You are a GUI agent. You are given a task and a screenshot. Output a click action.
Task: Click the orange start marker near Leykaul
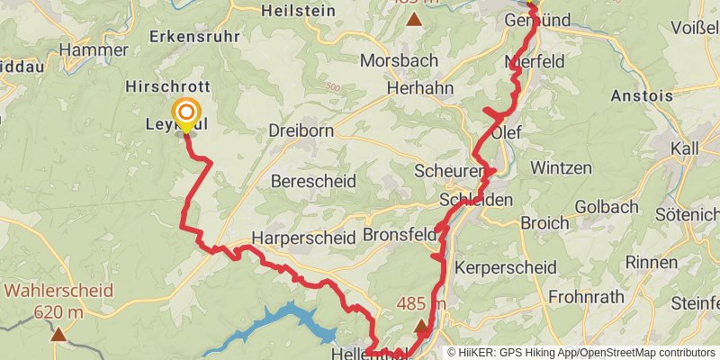186,113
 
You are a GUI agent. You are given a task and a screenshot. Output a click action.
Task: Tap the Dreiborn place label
301,130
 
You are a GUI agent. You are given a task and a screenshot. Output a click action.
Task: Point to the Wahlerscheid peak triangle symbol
58,335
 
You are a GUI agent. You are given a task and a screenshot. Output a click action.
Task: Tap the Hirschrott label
168,86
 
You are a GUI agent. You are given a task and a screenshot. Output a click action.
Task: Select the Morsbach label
399,60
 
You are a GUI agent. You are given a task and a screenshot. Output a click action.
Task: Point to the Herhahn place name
418,88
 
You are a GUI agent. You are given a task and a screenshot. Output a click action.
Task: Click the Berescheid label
314,181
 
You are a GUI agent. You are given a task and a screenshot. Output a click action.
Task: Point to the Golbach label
606,206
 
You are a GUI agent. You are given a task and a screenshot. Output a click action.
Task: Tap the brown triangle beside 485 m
421,326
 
